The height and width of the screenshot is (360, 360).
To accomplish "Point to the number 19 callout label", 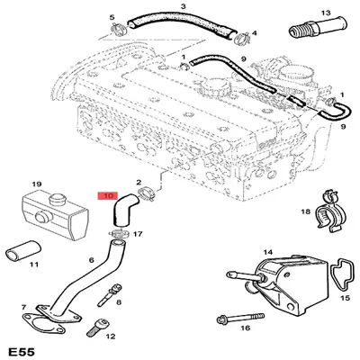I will (37, 185).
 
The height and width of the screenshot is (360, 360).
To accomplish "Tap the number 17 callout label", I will (137, 234).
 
